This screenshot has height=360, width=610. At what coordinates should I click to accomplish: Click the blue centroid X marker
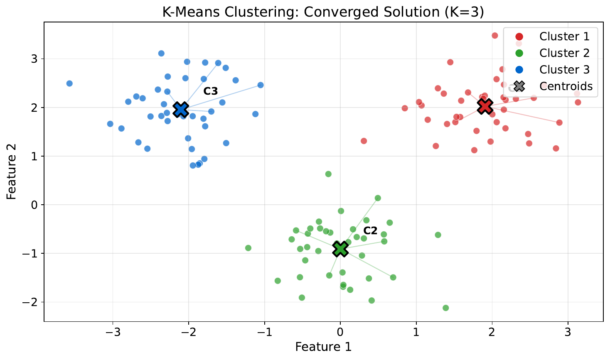coord(181,110)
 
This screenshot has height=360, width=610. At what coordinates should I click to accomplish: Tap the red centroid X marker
coord(485,106)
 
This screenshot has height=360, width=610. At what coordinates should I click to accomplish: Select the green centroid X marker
coord(340,249)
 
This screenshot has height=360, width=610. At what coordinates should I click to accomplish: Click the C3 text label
coord(211,91)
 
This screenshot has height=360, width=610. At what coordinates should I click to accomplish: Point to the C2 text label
coord(370,231)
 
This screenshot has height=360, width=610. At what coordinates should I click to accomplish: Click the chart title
coord(323,12)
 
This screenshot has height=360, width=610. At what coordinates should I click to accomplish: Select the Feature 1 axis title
coord(323,347)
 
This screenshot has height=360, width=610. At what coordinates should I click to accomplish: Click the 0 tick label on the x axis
coord(340,332)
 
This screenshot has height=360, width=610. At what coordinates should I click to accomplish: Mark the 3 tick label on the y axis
coord(34,59)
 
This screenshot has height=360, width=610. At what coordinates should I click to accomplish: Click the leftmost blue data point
coord(69,83)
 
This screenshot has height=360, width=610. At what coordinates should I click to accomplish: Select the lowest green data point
coord(446,308)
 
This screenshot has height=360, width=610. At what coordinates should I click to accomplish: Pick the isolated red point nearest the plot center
coord(364,141)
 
